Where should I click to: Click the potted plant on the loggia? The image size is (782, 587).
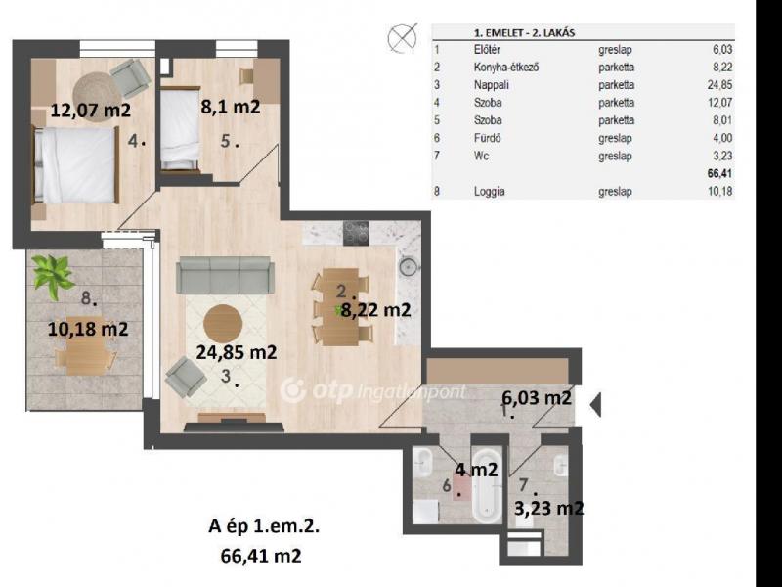pyautogui.click(x=53, y=276)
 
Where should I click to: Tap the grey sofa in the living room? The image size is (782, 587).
pyautogui.click(x=225, y=275)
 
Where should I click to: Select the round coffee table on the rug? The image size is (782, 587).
pyautogui.click(x=223, y=324)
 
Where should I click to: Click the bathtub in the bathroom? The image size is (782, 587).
pyautogui.click(x=486, y=485)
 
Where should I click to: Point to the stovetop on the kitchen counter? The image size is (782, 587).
pyautogui.click(x=356, y=233)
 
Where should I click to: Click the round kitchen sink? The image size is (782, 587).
pyautogui.click(x=408, y=267)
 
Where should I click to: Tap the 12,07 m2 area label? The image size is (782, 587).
pyautogui.click(x=90, y=110)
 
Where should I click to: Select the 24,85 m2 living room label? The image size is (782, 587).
pyautogui.click(x=236, y=352)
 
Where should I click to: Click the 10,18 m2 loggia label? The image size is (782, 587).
pyautogui.click(x=88, y=329)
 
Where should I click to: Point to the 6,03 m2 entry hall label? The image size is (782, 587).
pyautogui.click(x=536, y=398)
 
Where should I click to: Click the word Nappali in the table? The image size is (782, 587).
pyautogui.click(x=492, y=85)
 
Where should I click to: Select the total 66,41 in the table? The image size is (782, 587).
pyautogui.click(x=719, y=174)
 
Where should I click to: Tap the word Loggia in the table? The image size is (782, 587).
pyautogui.click(x=490, y=192)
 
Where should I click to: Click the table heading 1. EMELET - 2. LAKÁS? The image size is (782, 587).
pyautogui.click(x=524, y=33)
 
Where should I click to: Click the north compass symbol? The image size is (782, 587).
pyautogui.click(x=403, y=38)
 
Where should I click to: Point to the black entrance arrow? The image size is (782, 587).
pyautogui.click(x=595, y=404)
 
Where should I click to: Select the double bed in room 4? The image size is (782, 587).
pyautogui.click(x=76, y=165)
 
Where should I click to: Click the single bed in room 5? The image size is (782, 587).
pyautogui.click(x=181, y=129)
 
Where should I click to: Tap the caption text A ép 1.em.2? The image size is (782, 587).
pyautogui.click(x=264, y=526)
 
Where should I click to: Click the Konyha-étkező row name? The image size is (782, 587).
pyautogui.click(x=506, y=68)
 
